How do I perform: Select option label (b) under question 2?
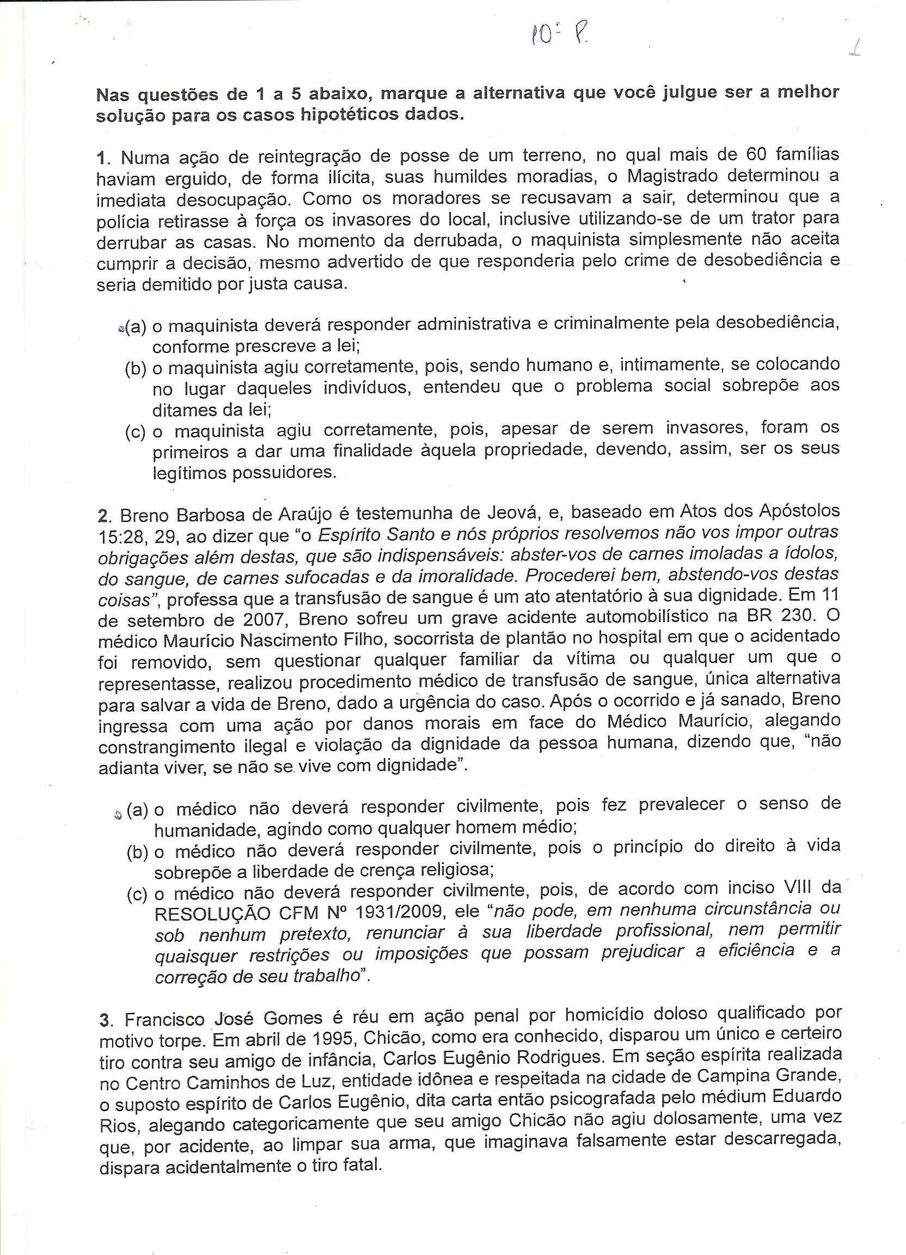point(137,852)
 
